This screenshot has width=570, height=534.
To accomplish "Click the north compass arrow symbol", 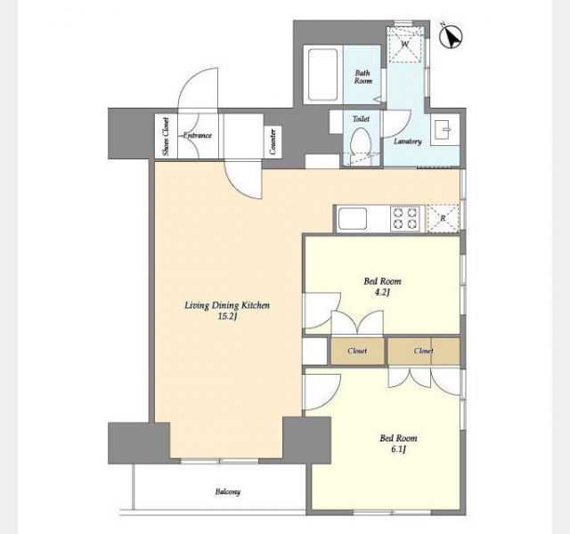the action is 451,36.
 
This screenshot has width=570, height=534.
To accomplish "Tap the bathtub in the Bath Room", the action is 322,75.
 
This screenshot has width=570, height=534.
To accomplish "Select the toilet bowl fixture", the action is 360,141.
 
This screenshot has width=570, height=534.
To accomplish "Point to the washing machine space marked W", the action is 405,44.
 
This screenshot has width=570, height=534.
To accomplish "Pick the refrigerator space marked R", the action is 443,218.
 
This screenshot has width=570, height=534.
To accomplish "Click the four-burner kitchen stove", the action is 405,218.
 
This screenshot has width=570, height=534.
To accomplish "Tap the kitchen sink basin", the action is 353,218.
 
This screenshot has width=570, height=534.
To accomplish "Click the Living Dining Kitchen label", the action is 227,305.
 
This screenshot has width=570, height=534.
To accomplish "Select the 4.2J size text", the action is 382,292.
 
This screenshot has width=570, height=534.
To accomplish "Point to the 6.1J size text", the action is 398,449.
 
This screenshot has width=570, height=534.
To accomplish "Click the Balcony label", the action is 228,492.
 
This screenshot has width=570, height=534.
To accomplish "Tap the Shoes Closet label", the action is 166,136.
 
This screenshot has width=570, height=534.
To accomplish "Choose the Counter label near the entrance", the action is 273,142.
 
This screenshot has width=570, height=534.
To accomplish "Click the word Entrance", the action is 197,135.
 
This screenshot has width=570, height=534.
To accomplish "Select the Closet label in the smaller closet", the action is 357,351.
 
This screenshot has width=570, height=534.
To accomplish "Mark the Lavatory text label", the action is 408,142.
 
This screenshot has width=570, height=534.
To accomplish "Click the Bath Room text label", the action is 362,77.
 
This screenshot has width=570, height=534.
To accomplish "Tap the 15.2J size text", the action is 228,317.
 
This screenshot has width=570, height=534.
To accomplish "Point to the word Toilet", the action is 361,118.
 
